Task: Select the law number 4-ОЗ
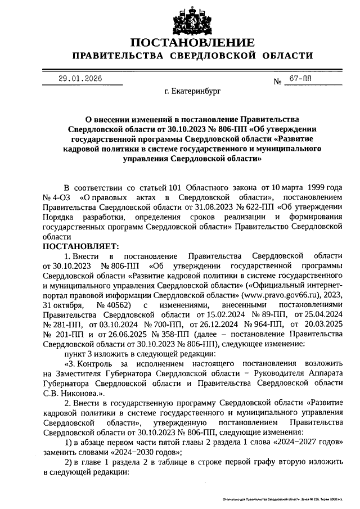pos(60,197)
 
